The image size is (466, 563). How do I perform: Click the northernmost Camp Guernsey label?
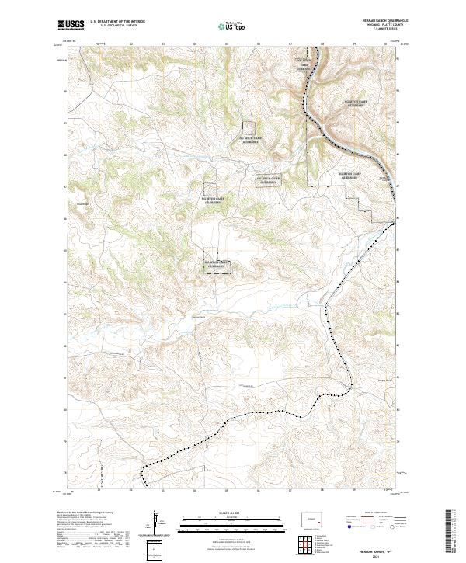(x=305, y=63)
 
